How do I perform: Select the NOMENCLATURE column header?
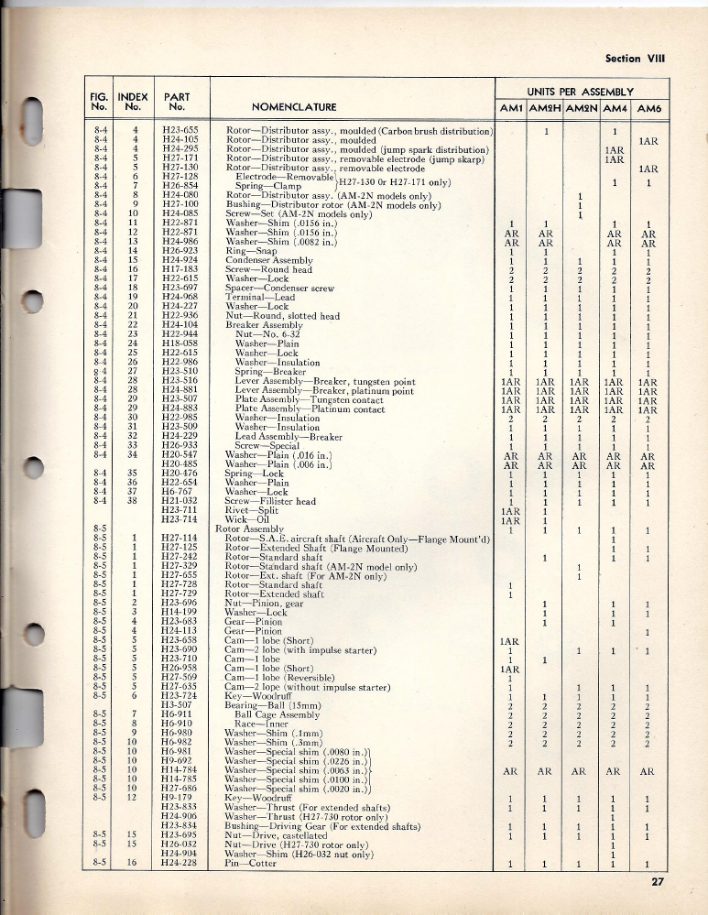click(x=294, y=106)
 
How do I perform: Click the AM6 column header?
click(x=649, y=107)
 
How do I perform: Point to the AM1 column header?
click(x=511, y=107)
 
